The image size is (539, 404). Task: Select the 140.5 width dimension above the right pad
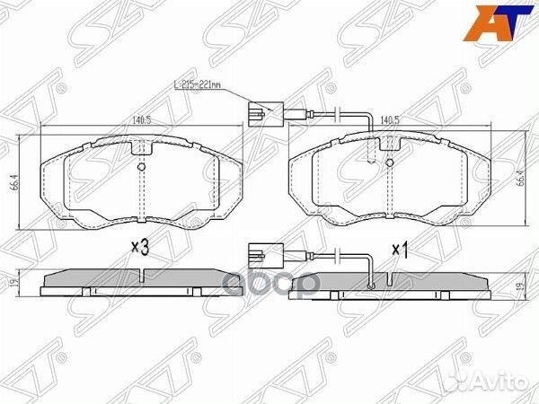pos(389,118)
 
